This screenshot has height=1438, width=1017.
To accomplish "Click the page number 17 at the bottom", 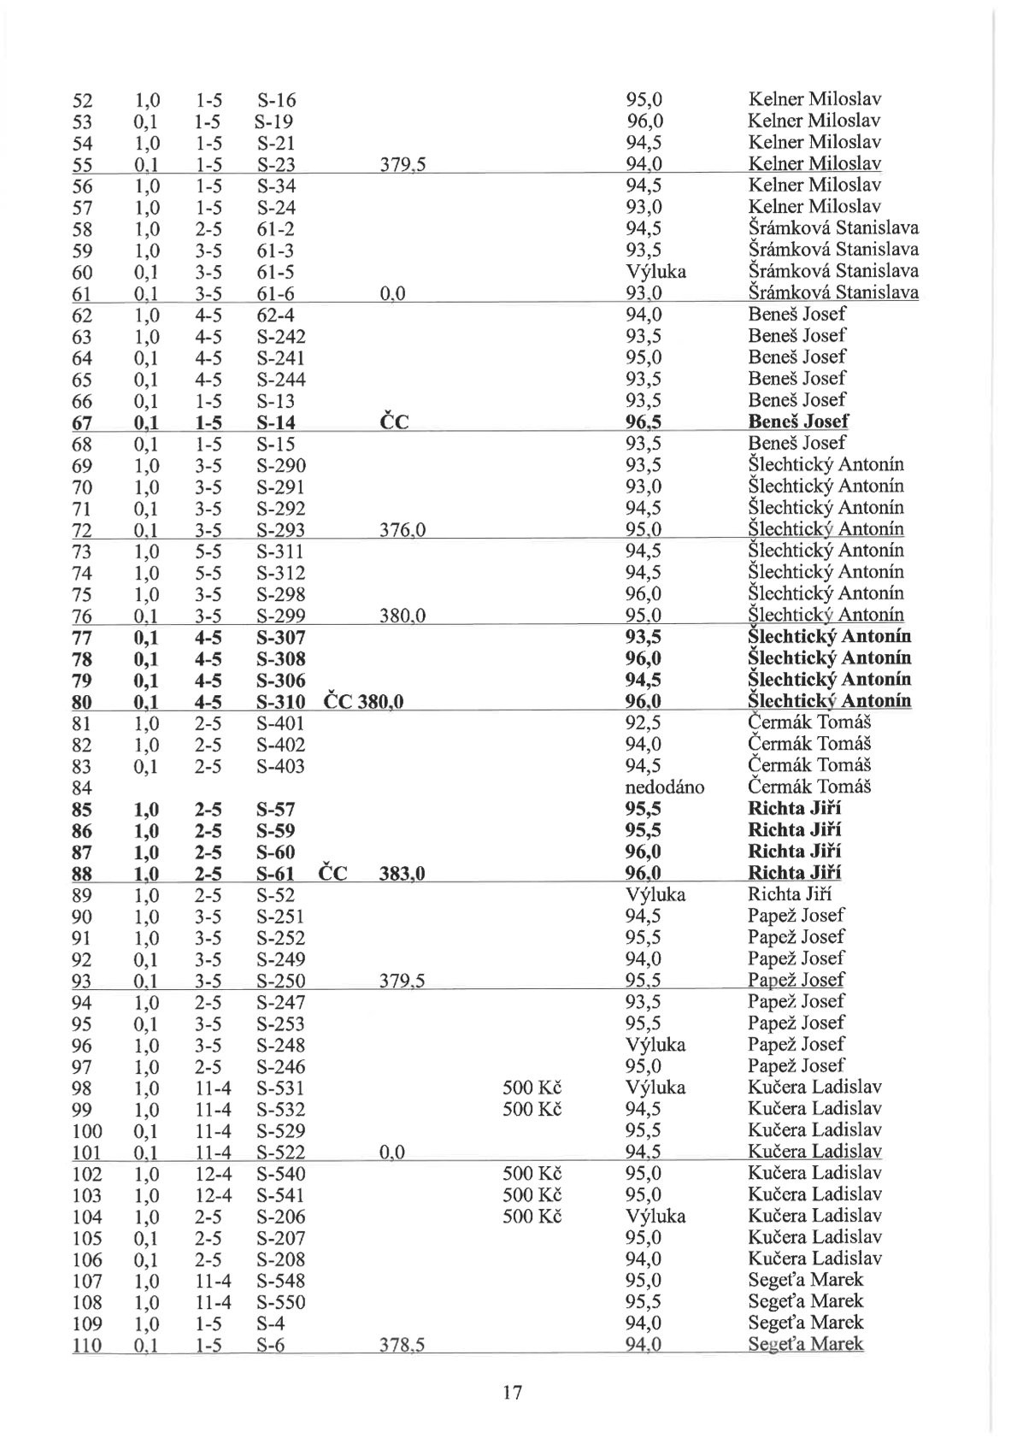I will pos(512,1393).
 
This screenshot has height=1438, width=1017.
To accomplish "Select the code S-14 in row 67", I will pos(275,421).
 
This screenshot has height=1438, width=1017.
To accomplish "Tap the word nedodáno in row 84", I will pos(665,787).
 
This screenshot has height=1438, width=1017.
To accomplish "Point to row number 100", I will pos(87,1130).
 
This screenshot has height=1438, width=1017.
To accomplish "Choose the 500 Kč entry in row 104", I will pos(532,1216).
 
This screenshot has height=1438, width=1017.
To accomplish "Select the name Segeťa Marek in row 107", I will pos(805,1280).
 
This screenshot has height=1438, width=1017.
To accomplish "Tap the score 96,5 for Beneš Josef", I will pos(644,421).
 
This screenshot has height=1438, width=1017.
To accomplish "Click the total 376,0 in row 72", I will pos(403,530).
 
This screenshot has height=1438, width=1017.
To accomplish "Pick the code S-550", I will pos(280,1302).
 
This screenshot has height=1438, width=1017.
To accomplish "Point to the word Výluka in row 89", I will pos(655,895).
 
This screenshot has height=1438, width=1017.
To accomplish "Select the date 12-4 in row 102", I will pos(209,1174).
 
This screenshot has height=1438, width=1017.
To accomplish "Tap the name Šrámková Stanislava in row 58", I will pos(833,228).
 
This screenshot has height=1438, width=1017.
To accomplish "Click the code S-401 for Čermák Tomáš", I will pos(280,723).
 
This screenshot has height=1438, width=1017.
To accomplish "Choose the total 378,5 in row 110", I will pos(403,1346).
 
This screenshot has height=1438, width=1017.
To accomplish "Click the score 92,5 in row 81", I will pos(643,722).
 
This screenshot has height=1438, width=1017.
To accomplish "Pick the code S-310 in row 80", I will pos(280,702).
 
